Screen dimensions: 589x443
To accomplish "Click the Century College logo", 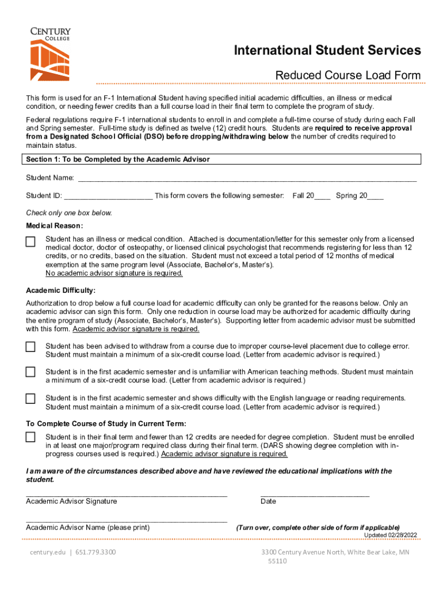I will [51, 54].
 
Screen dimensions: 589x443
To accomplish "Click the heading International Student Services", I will [327, 51].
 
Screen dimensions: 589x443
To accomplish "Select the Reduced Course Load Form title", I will [347, 75].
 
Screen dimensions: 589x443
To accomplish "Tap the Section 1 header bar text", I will [118, 159].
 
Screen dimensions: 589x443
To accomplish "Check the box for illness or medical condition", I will [30, 242].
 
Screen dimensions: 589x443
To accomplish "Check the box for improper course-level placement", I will [30, 346].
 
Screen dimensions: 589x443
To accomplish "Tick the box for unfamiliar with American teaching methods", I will [30, 372].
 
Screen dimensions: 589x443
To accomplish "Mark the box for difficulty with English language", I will [30, 399].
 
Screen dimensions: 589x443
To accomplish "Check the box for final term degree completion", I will [30, 437].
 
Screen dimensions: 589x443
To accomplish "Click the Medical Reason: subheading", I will [55, 225].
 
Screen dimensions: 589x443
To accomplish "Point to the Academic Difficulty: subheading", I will [60, 290].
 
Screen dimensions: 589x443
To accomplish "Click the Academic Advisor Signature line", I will [127, 494].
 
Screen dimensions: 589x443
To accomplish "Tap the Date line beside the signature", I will [315, 494].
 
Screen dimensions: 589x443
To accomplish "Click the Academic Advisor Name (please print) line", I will [127, 521].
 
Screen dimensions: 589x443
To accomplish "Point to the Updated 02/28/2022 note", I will [390, 535].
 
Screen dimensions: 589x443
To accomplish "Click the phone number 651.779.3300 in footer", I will [96, 553].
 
